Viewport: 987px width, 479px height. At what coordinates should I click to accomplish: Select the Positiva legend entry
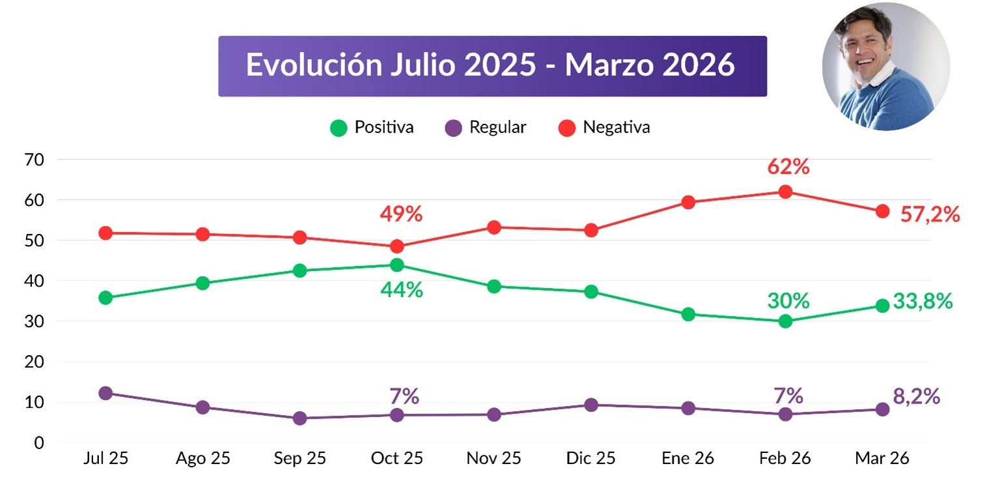(372, 127)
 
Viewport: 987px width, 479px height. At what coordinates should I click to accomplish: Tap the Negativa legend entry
(604, 127)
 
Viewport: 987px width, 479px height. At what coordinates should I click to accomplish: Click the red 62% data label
(788, 167)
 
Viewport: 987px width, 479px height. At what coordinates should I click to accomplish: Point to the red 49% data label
(402, 214)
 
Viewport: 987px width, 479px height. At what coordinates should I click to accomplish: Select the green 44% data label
(402, 289)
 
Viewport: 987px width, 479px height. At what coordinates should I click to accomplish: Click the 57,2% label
(930, 214)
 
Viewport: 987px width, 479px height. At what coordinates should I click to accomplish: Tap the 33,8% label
(923, 302)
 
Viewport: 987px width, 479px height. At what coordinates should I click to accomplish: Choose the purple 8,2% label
(917, 397)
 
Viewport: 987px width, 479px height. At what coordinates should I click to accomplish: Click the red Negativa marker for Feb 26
(785, 192)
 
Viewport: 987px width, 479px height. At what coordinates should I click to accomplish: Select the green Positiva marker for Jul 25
(105, 298)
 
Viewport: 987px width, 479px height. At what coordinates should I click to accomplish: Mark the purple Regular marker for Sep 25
(299, 418)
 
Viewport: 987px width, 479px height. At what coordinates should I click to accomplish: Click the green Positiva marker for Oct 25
(396, 265)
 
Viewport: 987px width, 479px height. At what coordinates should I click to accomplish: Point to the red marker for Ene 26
(688, 202)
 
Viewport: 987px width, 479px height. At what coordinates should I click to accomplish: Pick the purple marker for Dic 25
(591, 405)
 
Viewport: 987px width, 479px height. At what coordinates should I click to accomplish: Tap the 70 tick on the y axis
(35, 159)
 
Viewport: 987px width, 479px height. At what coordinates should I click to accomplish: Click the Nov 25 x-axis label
(493, 459)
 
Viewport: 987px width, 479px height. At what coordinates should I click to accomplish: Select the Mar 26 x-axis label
(882, 459)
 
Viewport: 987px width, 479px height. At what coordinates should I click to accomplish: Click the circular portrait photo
(885, 67)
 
